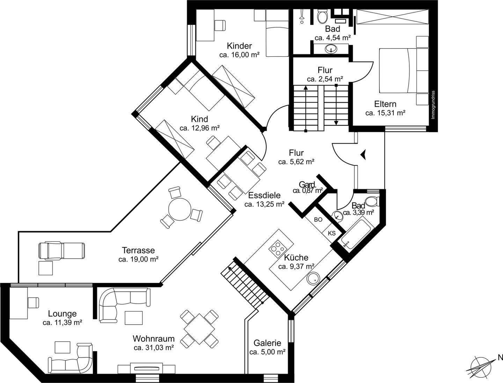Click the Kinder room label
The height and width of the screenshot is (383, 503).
coord(239,46)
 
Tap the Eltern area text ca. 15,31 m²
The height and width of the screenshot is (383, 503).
coord(385,113)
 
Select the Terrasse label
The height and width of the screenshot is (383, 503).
coord(138,250)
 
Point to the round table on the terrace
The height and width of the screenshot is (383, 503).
coord(180,210)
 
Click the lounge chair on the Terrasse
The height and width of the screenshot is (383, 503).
coord(61,250)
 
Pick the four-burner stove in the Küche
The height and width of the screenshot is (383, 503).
coord(278,249)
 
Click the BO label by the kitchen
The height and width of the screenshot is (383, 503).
coord(318,220)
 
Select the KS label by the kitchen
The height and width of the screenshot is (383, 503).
coord(331,233)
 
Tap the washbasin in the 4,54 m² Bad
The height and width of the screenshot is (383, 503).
coord(331,49)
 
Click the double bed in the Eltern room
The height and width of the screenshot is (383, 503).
coord(404,70)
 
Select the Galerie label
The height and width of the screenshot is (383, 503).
coord(267,343)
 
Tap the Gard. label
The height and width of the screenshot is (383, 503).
coord(307,184)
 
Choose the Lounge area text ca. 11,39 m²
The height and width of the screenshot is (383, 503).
coord(62,322)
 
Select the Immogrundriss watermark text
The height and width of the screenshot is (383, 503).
coord(433,105)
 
